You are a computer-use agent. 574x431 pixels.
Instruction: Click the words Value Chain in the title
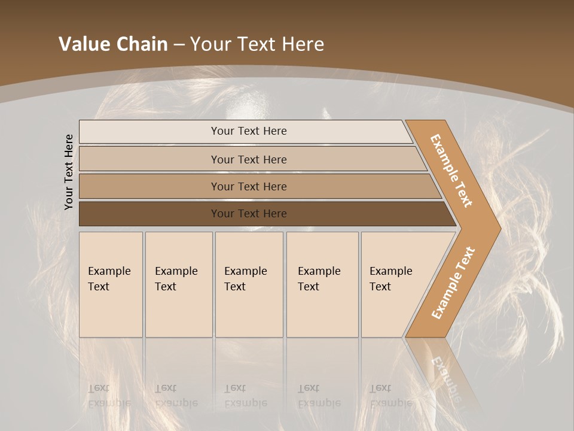pos(113,44)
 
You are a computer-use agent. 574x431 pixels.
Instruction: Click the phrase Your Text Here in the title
pos(257,44)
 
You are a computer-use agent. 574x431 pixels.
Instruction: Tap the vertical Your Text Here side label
pos(69,172)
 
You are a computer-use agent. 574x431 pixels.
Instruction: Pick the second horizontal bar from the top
pos(249,159)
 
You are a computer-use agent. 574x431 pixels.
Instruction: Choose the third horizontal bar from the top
pos(249,186)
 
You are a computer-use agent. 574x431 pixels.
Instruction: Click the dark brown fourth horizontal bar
pos(249,214)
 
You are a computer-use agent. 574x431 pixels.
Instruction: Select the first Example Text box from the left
pos(111,284)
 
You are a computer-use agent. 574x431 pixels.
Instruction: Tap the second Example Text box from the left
pos(179,284)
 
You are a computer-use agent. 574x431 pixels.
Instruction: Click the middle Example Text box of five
pos(249,284)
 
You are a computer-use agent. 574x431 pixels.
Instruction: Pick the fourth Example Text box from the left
pos(322,284)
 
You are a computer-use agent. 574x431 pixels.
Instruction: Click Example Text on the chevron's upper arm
pos(451,171)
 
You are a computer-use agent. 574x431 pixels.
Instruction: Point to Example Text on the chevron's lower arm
pos(453,283)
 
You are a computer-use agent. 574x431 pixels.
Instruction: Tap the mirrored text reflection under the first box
pos(109,396)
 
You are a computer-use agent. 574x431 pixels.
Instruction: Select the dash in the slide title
pos(179,45)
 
